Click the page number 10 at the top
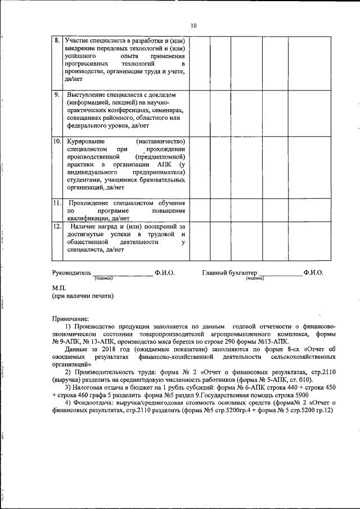click(193, 25)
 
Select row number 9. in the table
click(57, 94)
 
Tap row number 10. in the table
click(57, 140)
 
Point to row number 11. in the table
click(57, 202)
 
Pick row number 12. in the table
click(57, 226)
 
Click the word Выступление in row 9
click(88, 94)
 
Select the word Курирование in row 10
click(86, 140)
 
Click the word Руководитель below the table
click(71, 272)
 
